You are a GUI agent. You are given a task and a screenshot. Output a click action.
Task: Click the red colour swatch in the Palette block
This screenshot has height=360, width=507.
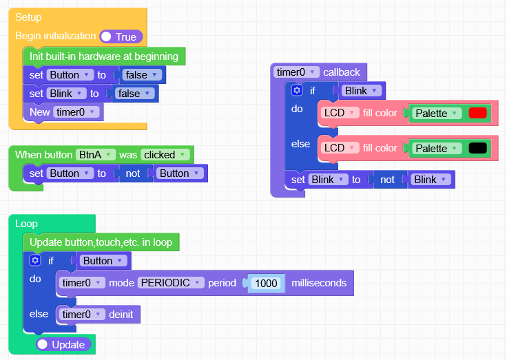point(477,113)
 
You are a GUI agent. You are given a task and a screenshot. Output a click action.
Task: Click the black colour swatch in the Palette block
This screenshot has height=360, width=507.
point(477,148)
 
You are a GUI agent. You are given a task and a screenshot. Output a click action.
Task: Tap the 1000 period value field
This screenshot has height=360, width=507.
point(266,283)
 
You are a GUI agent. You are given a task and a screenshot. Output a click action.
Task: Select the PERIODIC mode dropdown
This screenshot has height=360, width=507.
point(171,283)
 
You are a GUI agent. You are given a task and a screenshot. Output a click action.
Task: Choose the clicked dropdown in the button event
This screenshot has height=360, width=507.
point(165,155)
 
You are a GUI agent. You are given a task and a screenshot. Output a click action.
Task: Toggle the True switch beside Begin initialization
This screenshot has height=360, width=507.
point(121,36)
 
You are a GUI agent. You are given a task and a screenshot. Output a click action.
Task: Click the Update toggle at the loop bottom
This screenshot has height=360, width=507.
point(63,344)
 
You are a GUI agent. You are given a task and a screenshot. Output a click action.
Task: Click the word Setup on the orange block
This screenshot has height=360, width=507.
point(28,17)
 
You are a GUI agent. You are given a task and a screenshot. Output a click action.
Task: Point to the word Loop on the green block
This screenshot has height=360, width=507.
point(26,224)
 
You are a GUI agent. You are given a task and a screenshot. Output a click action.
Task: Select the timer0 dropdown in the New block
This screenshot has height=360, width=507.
point(76,112)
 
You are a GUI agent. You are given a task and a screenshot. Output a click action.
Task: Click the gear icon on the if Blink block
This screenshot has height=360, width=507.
point(297,90)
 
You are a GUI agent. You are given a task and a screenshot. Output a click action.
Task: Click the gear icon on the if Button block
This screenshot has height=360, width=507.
point(36,260)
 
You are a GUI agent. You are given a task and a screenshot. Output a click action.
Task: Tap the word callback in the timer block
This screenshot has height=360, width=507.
point(341,72)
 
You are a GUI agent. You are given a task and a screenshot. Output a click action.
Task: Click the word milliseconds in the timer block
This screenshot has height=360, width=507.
point(318,283)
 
